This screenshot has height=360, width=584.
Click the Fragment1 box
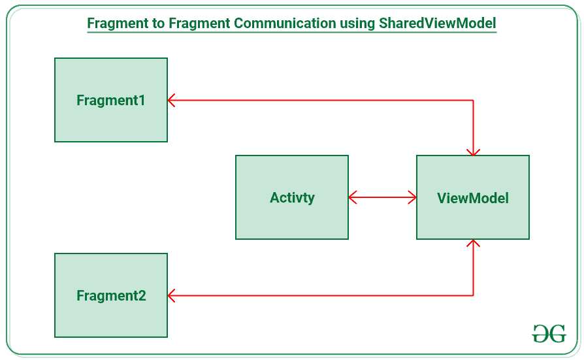click(111, 99)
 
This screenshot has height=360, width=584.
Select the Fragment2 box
click(111, 295)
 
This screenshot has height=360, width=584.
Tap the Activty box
click(292, 197)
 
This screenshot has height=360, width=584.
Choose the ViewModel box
click(473, 197)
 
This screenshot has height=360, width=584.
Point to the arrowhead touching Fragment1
click(172, 100)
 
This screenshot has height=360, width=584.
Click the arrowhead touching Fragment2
click(172, 295)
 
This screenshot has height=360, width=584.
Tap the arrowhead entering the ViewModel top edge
click(473, 152)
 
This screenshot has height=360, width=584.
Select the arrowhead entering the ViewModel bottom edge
click(473, 244)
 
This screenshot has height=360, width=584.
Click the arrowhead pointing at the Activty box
click(353, 197)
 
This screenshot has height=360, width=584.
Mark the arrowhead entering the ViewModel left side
click(412, 197)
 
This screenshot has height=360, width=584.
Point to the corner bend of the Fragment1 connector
click(473, 100)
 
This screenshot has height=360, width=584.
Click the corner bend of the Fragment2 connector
click(473, 295)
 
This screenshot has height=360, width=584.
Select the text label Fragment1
click(111, 100)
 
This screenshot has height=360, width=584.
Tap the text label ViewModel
click(473, 198)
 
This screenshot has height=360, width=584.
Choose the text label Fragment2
click(111, 296)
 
